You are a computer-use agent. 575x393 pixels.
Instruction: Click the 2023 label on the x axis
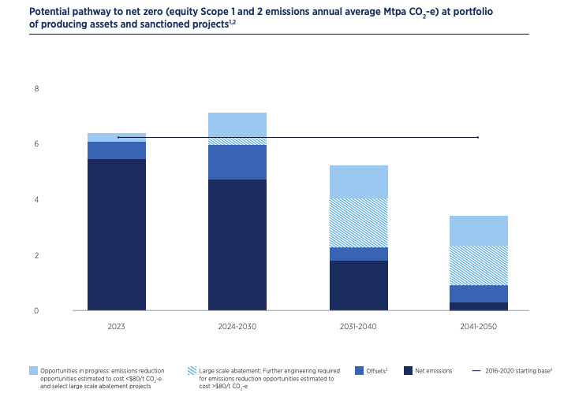click(x=117, y=324)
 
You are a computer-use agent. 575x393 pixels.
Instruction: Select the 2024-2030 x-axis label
click(x=237, y=324)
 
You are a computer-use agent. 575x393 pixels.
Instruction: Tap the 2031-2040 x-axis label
click(x=358, y=324)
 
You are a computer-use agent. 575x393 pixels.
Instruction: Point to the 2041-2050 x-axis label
click(x=479, y=324)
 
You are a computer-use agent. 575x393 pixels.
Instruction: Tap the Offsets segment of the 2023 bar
click(x=117, y=150)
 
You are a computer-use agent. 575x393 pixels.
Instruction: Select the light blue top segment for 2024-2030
click(x=237, y=124)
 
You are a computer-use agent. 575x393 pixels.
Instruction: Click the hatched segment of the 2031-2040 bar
click(x=358, y=223)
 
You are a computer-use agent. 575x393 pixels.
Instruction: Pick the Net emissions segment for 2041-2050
click(x=479, y=306)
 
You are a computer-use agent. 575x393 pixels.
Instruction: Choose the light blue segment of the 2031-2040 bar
click(x=358, y=182)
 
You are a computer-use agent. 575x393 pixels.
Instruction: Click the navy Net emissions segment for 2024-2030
click(x=237, y=245)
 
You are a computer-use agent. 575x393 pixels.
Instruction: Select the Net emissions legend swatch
click(x=408, y=370)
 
